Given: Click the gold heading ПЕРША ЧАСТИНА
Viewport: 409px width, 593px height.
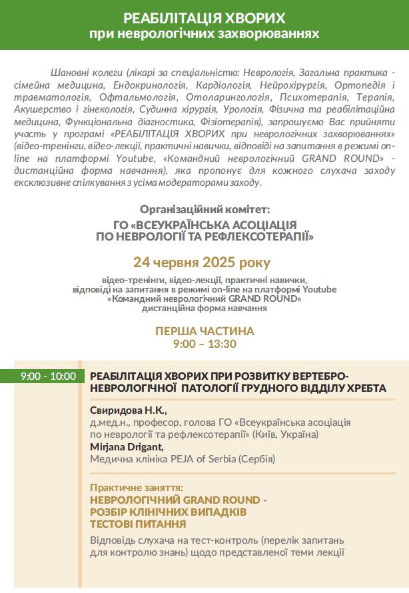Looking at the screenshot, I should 204,331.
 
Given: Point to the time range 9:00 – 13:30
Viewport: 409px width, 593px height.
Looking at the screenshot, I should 204,344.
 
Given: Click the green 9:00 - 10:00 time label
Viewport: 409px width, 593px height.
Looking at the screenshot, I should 48,376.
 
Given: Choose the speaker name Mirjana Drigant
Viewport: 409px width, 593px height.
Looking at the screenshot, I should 127,446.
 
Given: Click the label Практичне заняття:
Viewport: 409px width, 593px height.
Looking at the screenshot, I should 137,487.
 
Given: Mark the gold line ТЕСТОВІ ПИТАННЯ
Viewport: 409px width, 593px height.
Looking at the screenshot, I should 138,524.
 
